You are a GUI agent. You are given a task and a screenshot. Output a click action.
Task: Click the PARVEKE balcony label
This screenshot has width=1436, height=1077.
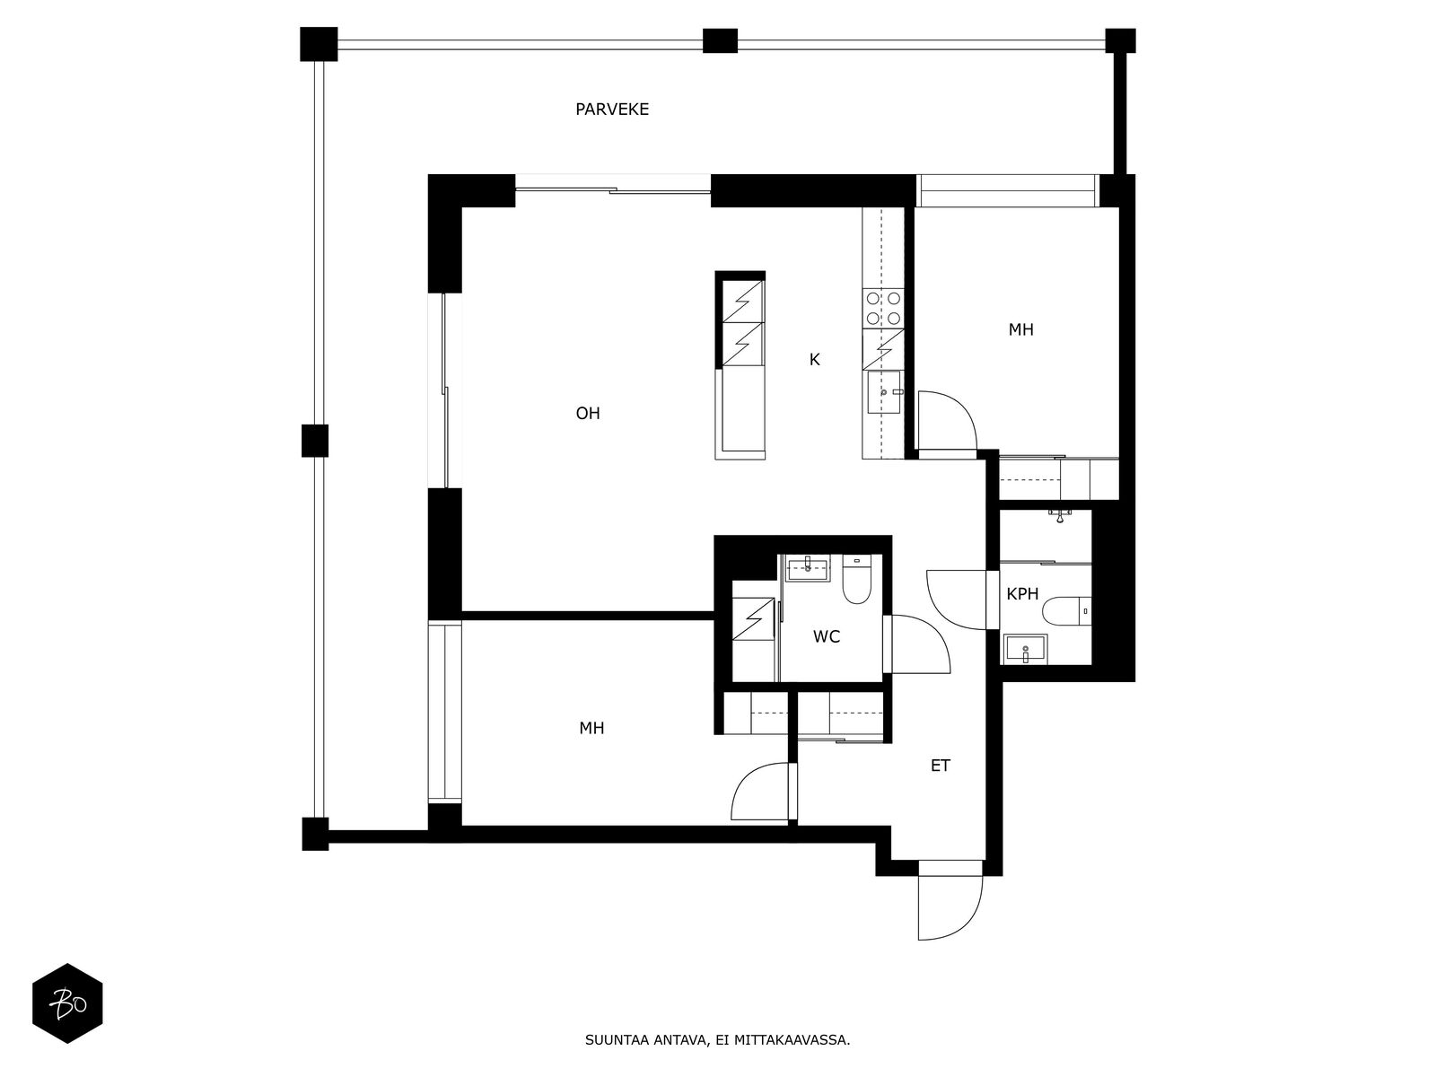tap(612, 109)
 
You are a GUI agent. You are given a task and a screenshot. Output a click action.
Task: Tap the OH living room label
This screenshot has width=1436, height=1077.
tap(588, 413)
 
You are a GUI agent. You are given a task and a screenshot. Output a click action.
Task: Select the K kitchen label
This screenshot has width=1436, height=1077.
tap(815, 360)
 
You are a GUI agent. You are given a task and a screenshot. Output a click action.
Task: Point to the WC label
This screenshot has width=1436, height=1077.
tap(827, 637)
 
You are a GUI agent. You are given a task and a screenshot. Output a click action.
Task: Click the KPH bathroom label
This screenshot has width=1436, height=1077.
tap(1022, 594)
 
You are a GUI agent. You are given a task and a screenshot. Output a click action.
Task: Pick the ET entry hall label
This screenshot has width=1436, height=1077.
tap(940, 766)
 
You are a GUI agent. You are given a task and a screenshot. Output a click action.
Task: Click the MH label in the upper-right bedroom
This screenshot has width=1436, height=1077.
tap(1020, 329)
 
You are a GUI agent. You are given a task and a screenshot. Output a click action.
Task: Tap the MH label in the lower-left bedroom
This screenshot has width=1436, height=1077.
tap(591, 728)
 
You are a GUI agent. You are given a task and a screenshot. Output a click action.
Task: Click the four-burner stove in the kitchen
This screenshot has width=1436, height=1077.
tap(883, 309)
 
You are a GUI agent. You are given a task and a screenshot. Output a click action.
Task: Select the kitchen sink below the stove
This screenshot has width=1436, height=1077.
tap(884, 391)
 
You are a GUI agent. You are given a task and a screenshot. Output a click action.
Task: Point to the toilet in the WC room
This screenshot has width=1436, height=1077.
tap(856, 580)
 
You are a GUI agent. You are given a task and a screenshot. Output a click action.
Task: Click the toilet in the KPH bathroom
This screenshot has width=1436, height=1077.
tap(1065, 611)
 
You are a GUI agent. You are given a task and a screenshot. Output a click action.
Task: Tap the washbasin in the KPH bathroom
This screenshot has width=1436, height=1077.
tap(1026, 649)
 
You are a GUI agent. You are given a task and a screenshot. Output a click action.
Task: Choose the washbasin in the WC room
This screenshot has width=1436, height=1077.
tap(808, 569)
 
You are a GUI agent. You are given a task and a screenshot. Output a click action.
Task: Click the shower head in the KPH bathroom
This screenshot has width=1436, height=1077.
tap(1061, 516)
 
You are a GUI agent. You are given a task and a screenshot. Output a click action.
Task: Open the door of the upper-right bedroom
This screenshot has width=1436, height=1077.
tap(947, 420)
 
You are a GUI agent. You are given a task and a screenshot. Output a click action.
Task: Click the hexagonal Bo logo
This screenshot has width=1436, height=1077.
tap(67, 1003)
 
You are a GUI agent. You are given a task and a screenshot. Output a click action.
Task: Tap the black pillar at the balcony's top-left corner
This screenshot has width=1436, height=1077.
tap(319, 44)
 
